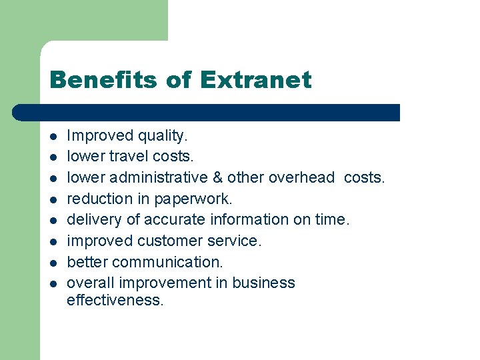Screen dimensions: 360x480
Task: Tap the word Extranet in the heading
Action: [x=255, y=81]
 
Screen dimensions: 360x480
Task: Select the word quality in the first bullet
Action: [x=163, y=137]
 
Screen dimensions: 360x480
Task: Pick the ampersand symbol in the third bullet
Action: [x=217, y=178]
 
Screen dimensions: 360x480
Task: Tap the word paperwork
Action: [x=193, y=199]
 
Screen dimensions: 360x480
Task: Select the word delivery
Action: [x=92, y=220]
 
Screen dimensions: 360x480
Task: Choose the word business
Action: [x=263, y=283]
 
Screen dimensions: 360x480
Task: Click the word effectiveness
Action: [x=115, y=301]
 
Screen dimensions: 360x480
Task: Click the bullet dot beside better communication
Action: [x=53, y=263]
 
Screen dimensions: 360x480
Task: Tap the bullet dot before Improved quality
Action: [x=53, y=137]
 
